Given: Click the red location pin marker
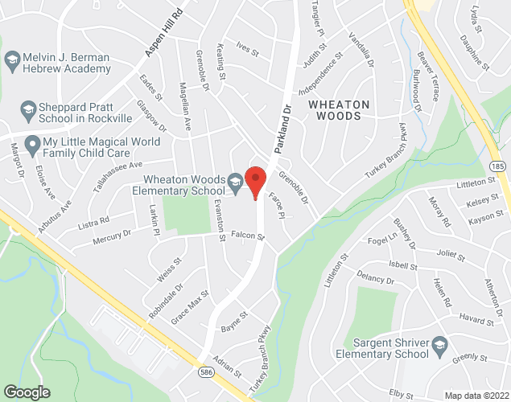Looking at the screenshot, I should (x=255, y=181).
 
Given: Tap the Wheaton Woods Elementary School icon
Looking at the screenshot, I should (x=235, y=184).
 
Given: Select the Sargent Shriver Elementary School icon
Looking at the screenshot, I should (x=439, y=347).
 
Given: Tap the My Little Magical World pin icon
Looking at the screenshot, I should (x=32, y=146).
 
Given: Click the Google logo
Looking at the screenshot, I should (x=26, y=392).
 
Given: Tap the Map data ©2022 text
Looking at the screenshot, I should (x=478, y=395).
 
